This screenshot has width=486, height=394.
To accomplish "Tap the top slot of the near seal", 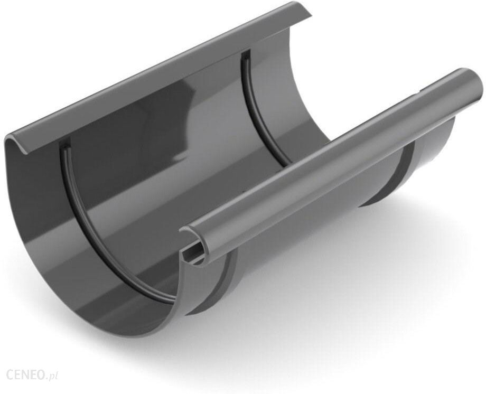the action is pyautogui.click(x=63, y=146).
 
